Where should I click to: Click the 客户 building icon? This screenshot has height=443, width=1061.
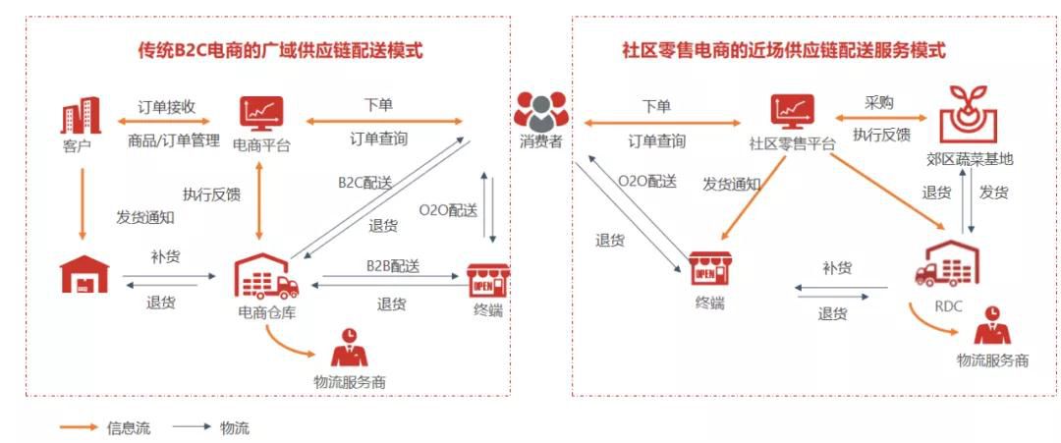click(x=82, y=116)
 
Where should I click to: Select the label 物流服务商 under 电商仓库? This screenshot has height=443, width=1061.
click(x=349, y=381)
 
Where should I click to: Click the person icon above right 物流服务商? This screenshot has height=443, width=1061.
click(x=992, y=326)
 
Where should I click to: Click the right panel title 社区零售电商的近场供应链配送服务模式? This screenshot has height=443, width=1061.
click(x=784, y=49)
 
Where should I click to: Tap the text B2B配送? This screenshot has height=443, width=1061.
click(x=393, y=266)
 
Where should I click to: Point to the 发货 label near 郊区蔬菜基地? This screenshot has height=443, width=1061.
click(x=993, y=193)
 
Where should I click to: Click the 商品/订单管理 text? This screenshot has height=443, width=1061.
click(x=173, y=140)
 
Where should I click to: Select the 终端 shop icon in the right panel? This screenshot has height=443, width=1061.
click(x=708, y=268)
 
